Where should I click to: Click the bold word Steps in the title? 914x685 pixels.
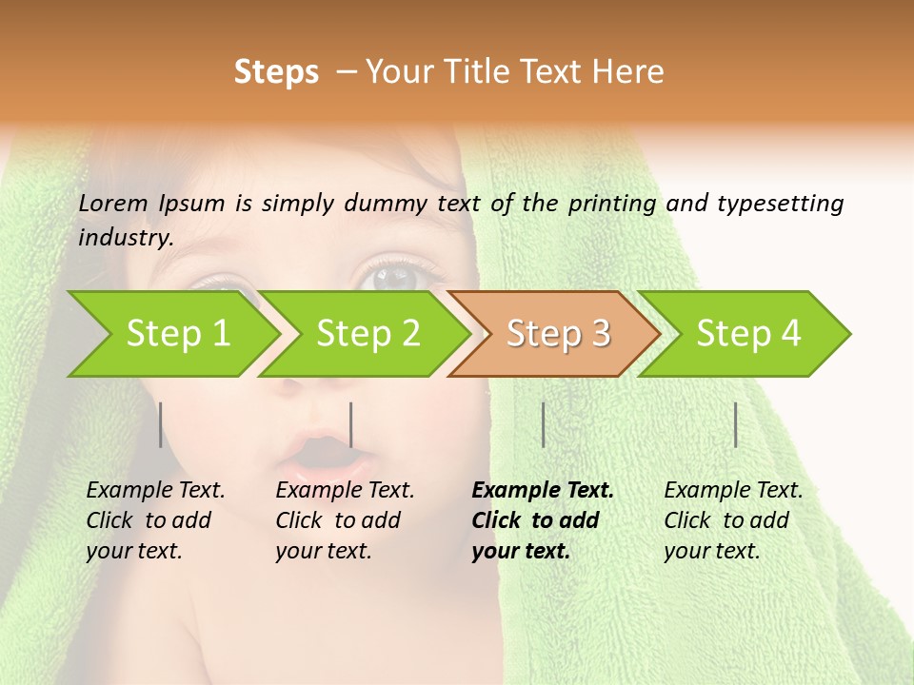coord(276,72)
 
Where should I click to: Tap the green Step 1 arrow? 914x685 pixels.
coord(177,333)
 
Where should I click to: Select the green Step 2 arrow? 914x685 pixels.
coord(368,333)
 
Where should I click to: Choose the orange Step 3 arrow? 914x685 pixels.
coord(558,333)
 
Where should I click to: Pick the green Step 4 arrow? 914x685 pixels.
coord(748,333)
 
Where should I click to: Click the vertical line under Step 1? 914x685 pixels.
coord(161,424)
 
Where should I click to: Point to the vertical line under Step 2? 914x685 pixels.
coord(351,424)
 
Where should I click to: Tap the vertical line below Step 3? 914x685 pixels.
coord(544,424)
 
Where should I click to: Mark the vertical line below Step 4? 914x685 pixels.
coord(736,424)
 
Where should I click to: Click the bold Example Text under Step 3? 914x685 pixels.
coord(543,491)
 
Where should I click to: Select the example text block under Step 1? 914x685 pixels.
coord(155,520)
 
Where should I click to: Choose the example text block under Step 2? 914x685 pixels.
coord(345,520)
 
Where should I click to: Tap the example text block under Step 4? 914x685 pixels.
coord(733,520)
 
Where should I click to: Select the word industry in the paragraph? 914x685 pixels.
coord(126,238)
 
